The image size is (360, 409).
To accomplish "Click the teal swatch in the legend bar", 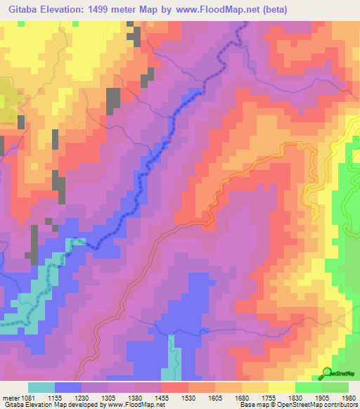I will coord(41,387).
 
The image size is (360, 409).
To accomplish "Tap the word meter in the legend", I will coord(11,397).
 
